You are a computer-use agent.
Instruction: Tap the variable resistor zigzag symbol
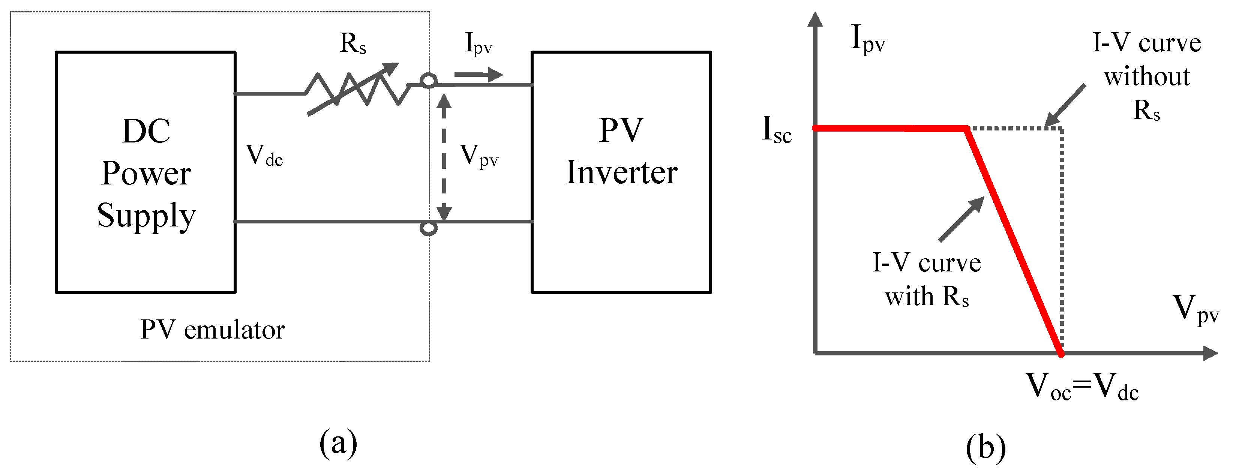[x=357, y=89]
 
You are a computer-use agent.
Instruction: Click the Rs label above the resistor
[x=353, y=43]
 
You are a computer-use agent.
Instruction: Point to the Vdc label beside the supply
[x=264, y=156]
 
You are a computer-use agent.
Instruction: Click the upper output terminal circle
[x=428, y=81]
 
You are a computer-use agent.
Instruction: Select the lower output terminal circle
[x=428, y=228]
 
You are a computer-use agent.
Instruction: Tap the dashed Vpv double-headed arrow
[x=444, y=158]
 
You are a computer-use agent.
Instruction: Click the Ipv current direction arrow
[x=478, y=75]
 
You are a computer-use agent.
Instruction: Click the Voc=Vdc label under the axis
[x=1082, y=387]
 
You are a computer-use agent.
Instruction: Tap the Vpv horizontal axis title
[x=1195, y=309]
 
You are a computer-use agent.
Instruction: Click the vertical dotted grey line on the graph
[x=1062, y=239]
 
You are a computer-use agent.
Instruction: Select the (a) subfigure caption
[x=338, y=443]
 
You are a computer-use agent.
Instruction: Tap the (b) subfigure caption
[x=985, y=448]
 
